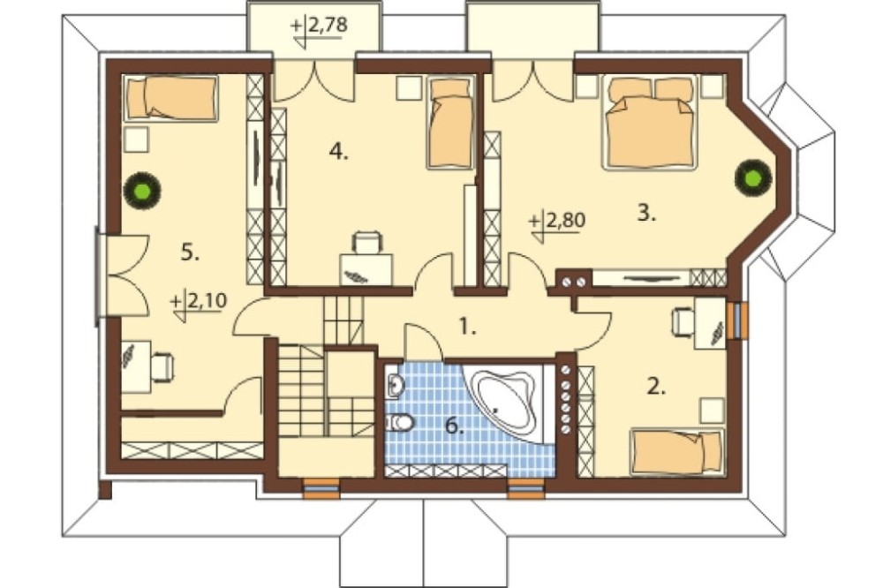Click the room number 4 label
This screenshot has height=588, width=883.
pos(338,151)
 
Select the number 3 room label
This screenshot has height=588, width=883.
pos(646,213)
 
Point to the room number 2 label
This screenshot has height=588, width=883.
pos(655,387)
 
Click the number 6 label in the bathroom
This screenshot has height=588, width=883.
pos(454,426)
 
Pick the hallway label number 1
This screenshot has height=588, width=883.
pos(467,326)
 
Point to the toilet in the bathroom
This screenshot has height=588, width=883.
pos(400,421)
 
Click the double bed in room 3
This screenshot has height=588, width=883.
pos(649,122)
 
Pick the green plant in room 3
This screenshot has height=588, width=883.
pos(752,178)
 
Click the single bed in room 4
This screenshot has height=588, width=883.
pos(450,123)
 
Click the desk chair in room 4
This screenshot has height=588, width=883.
pos(366,243)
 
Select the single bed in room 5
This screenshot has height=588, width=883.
pos(170,98)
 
